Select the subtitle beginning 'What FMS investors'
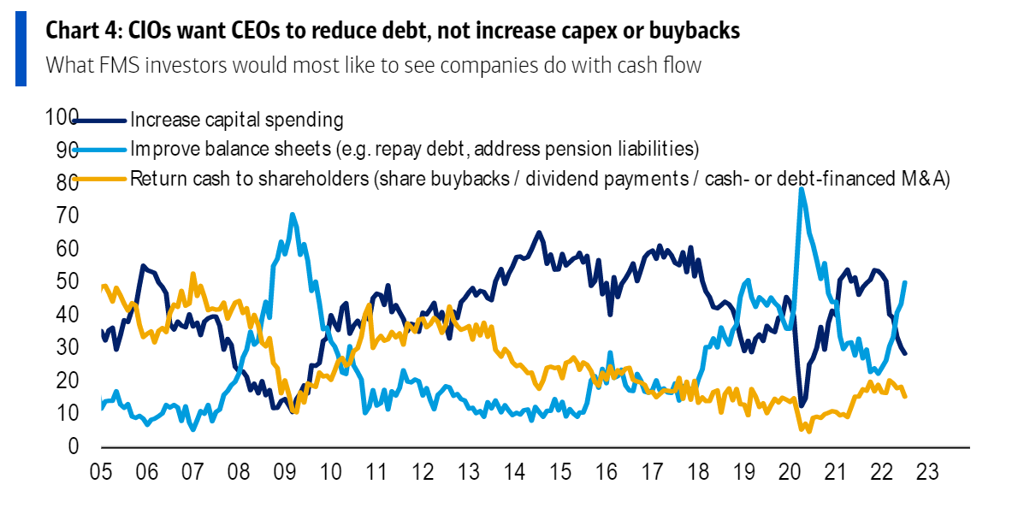[x=373, y=65]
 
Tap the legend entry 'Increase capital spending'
[x=237, y=120]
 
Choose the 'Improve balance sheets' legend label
[x=414, y=149]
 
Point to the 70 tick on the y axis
[x=67, y=216]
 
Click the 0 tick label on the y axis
[x=74, y=446]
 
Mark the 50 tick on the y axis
[x=67, y=281]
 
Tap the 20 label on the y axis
[x=67, y=381]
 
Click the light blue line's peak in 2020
[x=802, y=188]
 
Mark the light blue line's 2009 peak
[x=293, y=215]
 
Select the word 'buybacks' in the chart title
[x=690, y=32]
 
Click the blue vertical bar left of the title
[x=21, y=50]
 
